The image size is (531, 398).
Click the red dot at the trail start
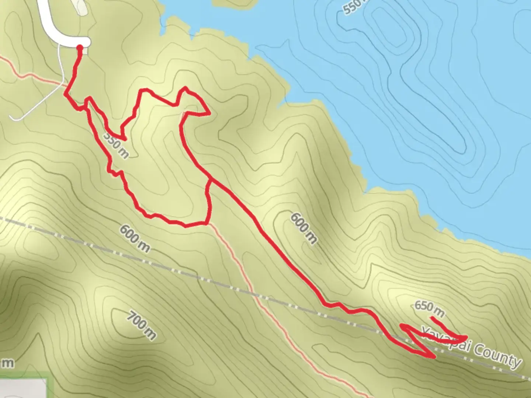click(x=79, y=47)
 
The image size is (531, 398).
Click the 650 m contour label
click(x=429, y=309)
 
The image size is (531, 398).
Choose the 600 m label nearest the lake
click(x=303, y=228)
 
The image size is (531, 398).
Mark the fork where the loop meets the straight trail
click(x=210, y=180)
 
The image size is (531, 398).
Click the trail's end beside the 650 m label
click(x=431, y=318)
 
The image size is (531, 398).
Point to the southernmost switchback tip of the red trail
click(x=434, y=357)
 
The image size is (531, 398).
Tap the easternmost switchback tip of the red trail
click(x=467, y=336)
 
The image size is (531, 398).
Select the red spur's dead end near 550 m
click(x=126, y=140)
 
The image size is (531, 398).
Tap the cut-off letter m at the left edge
click(x=7, y=363)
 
